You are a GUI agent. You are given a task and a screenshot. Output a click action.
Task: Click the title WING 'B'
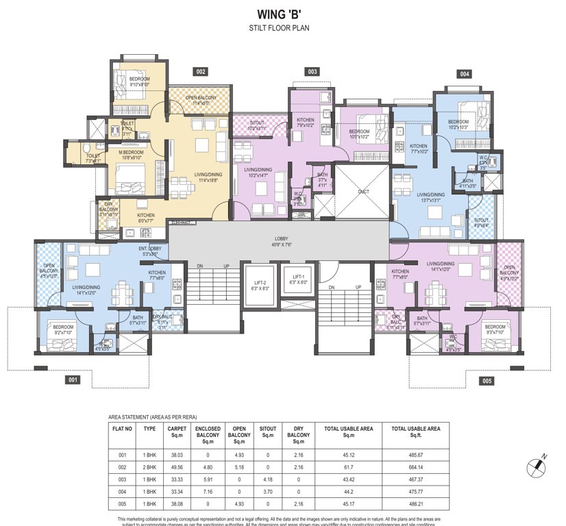tap(282, 13)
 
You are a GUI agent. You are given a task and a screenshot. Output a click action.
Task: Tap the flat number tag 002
tap(201, 71)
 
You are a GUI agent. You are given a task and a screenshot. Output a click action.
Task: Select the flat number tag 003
tap(312, 71)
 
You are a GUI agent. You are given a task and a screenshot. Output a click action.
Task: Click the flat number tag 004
tap(465, 74)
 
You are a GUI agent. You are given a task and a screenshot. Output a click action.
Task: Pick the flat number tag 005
tap(487, 380)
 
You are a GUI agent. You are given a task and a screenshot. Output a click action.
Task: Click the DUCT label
tap(363, 192)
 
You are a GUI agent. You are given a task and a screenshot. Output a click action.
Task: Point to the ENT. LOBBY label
tap(149, 251)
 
